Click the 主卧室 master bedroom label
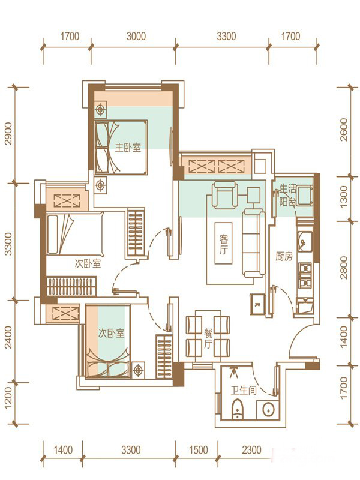[x=128, y=148]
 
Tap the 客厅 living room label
[x=224, y=245]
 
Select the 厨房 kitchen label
[x=284, y=256]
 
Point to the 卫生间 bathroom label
[x=244, y=391]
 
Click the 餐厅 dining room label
[x=208, y=339]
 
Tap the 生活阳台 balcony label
[x=288, y=195]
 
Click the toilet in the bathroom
[x=236, y=409]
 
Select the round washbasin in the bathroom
[x=268, y=409]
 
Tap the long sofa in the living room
[x=253, y=244]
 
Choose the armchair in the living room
[x=225, y=194]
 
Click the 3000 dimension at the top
[x=136, y=37]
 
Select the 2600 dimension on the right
[x=344, y=130]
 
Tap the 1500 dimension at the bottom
[x=199, y=449]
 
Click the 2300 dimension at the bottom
[x=251, y=449]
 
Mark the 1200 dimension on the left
[x=8, y=397]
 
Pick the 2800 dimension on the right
[x=344, y=268]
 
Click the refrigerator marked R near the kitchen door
[x=257, y=304]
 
